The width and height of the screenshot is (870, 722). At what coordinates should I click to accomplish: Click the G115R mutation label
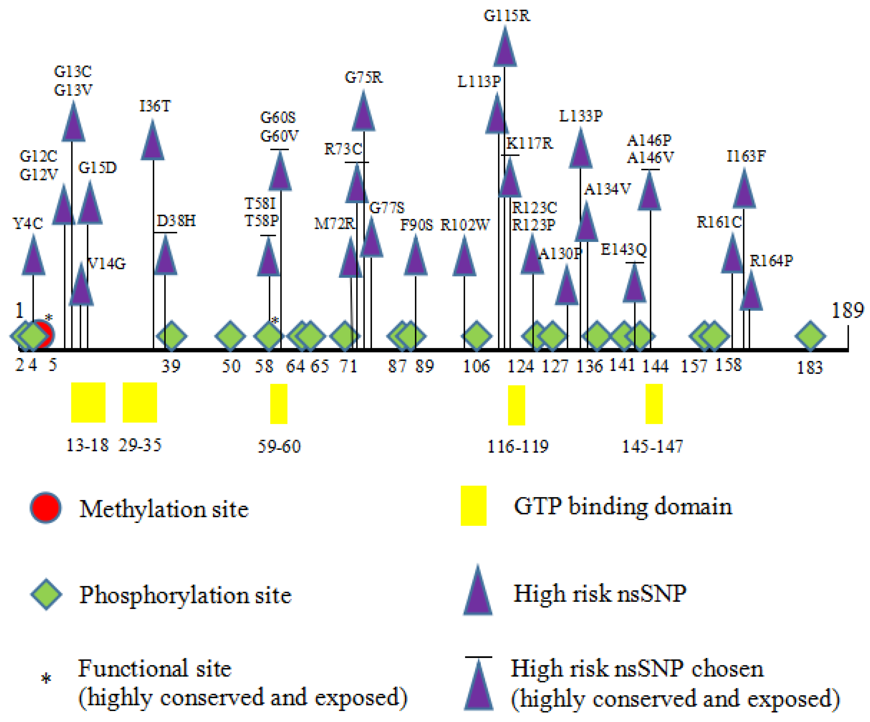[x=506, y=16]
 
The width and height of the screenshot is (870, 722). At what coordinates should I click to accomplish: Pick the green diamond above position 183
[x=810, y=336]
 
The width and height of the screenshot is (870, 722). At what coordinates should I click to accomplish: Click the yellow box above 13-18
[x=88, y=402]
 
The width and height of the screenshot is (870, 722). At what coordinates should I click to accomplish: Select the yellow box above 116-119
[x=516, y=405]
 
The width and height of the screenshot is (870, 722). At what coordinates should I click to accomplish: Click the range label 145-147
[x=653, y=447]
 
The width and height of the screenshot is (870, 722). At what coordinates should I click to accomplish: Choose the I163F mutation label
[x=746, y=156]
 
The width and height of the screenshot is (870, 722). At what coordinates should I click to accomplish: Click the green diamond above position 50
[x=230, y=336]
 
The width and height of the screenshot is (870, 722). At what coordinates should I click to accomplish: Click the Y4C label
[x=28, y=224]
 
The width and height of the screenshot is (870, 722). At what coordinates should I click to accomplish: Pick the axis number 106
[x=476, y=366]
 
